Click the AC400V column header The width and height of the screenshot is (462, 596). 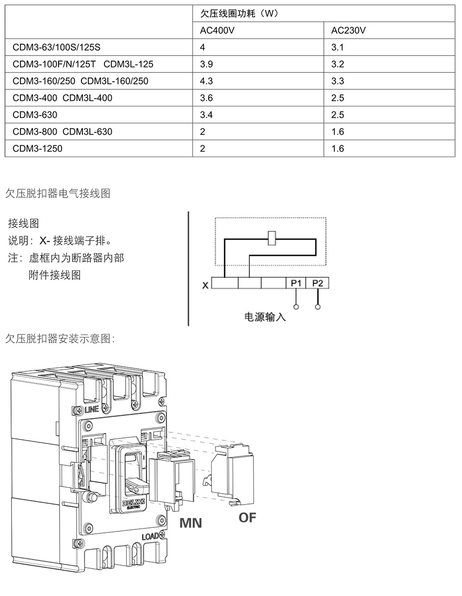(x=217, y=30)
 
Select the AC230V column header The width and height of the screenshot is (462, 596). (x=348, y=30)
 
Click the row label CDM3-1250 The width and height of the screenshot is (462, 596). (x=37, y=149)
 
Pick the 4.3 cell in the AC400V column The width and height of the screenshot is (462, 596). (x=206, y=81)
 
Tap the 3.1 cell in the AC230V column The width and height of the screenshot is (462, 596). (x=337, y=47)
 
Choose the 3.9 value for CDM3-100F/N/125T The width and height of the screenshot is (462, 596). (x=206, y=64)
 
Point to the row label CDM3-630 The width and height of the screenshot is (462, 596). (x=35, y=115)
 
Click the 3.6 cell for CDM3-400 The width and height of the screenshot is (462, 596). (x=206, y=98)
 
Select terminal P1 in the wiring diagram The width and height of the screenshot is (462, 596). (x=296, y=283)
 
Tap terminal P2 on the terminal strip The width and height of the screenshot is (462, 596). (x=317, y=283)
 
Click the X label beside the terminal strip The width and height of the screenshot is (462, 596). (x=205, y=285)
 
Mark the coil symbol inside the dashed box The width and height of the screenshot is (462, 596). (x=272, y=238)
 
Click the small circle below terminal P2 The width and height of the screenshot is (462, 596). (x=318, y=307)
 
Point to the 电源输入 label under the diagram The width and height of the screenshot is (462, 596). (x=265, y=317)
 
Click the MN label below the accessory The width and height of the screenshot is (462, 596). (x=191, y=523)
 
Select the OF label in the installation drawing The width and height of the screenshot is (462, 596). (x=247, y=517)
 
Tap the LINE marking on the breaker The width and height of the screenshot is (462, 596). (x=91, y=410)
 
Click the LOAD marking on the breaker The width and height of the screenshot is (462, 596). (x=151, y=536)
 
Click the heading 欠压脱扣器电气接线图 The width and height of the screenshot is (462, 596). (x=58, y=193)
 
